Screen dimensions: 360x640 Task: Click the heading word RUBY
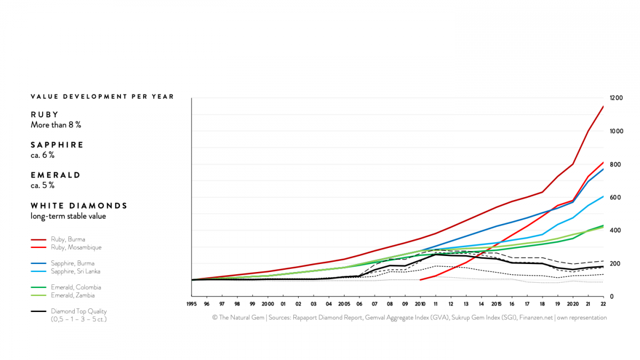tap(45, 114)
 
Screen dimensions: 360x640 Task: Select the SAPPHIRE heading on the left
tap(57, 145)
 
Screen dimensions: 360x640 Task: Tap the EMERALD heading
tap(55, 175)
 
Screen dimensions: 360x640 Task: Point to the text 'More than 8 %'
tap(55, 125)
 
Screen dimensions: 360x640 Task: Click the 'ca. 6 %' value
tap(42, 155)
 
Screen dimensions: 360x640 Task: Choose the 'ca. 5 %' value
tap(42, 186)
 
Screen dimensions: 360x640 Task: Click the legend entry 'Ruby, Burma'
tap(68, 239)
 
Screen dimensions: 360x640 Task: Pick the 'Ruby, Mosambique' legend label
tap(76, 247)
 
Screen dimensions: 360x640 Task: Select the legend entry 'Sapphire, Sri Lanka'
tap(76, 271)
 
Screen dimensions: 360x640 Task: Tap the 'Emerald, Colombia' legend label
tap(76, 287)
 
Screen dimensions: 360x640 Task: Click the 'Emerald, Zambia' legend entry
tap(73, 295)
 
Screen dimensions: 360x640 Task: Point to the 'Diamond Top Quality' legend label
tap(78, 311)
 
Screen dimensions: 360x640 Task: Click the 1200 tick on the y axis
tap(616, 98)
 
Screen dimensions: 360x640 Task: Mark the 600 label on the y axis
tap(614, 197)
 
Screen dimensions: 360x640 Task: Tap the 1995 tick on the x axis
tap(191, 303)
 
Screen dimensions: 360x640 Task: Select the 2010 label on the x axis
tap(420, 303)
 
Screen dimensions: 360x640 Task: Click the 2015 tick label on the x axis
tap(497, 303)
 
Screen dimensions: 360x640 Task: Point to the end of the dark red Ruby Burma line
tap(603, 106)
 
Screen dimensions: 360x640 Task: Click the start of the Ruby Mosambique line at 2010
tap(420, 280)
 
